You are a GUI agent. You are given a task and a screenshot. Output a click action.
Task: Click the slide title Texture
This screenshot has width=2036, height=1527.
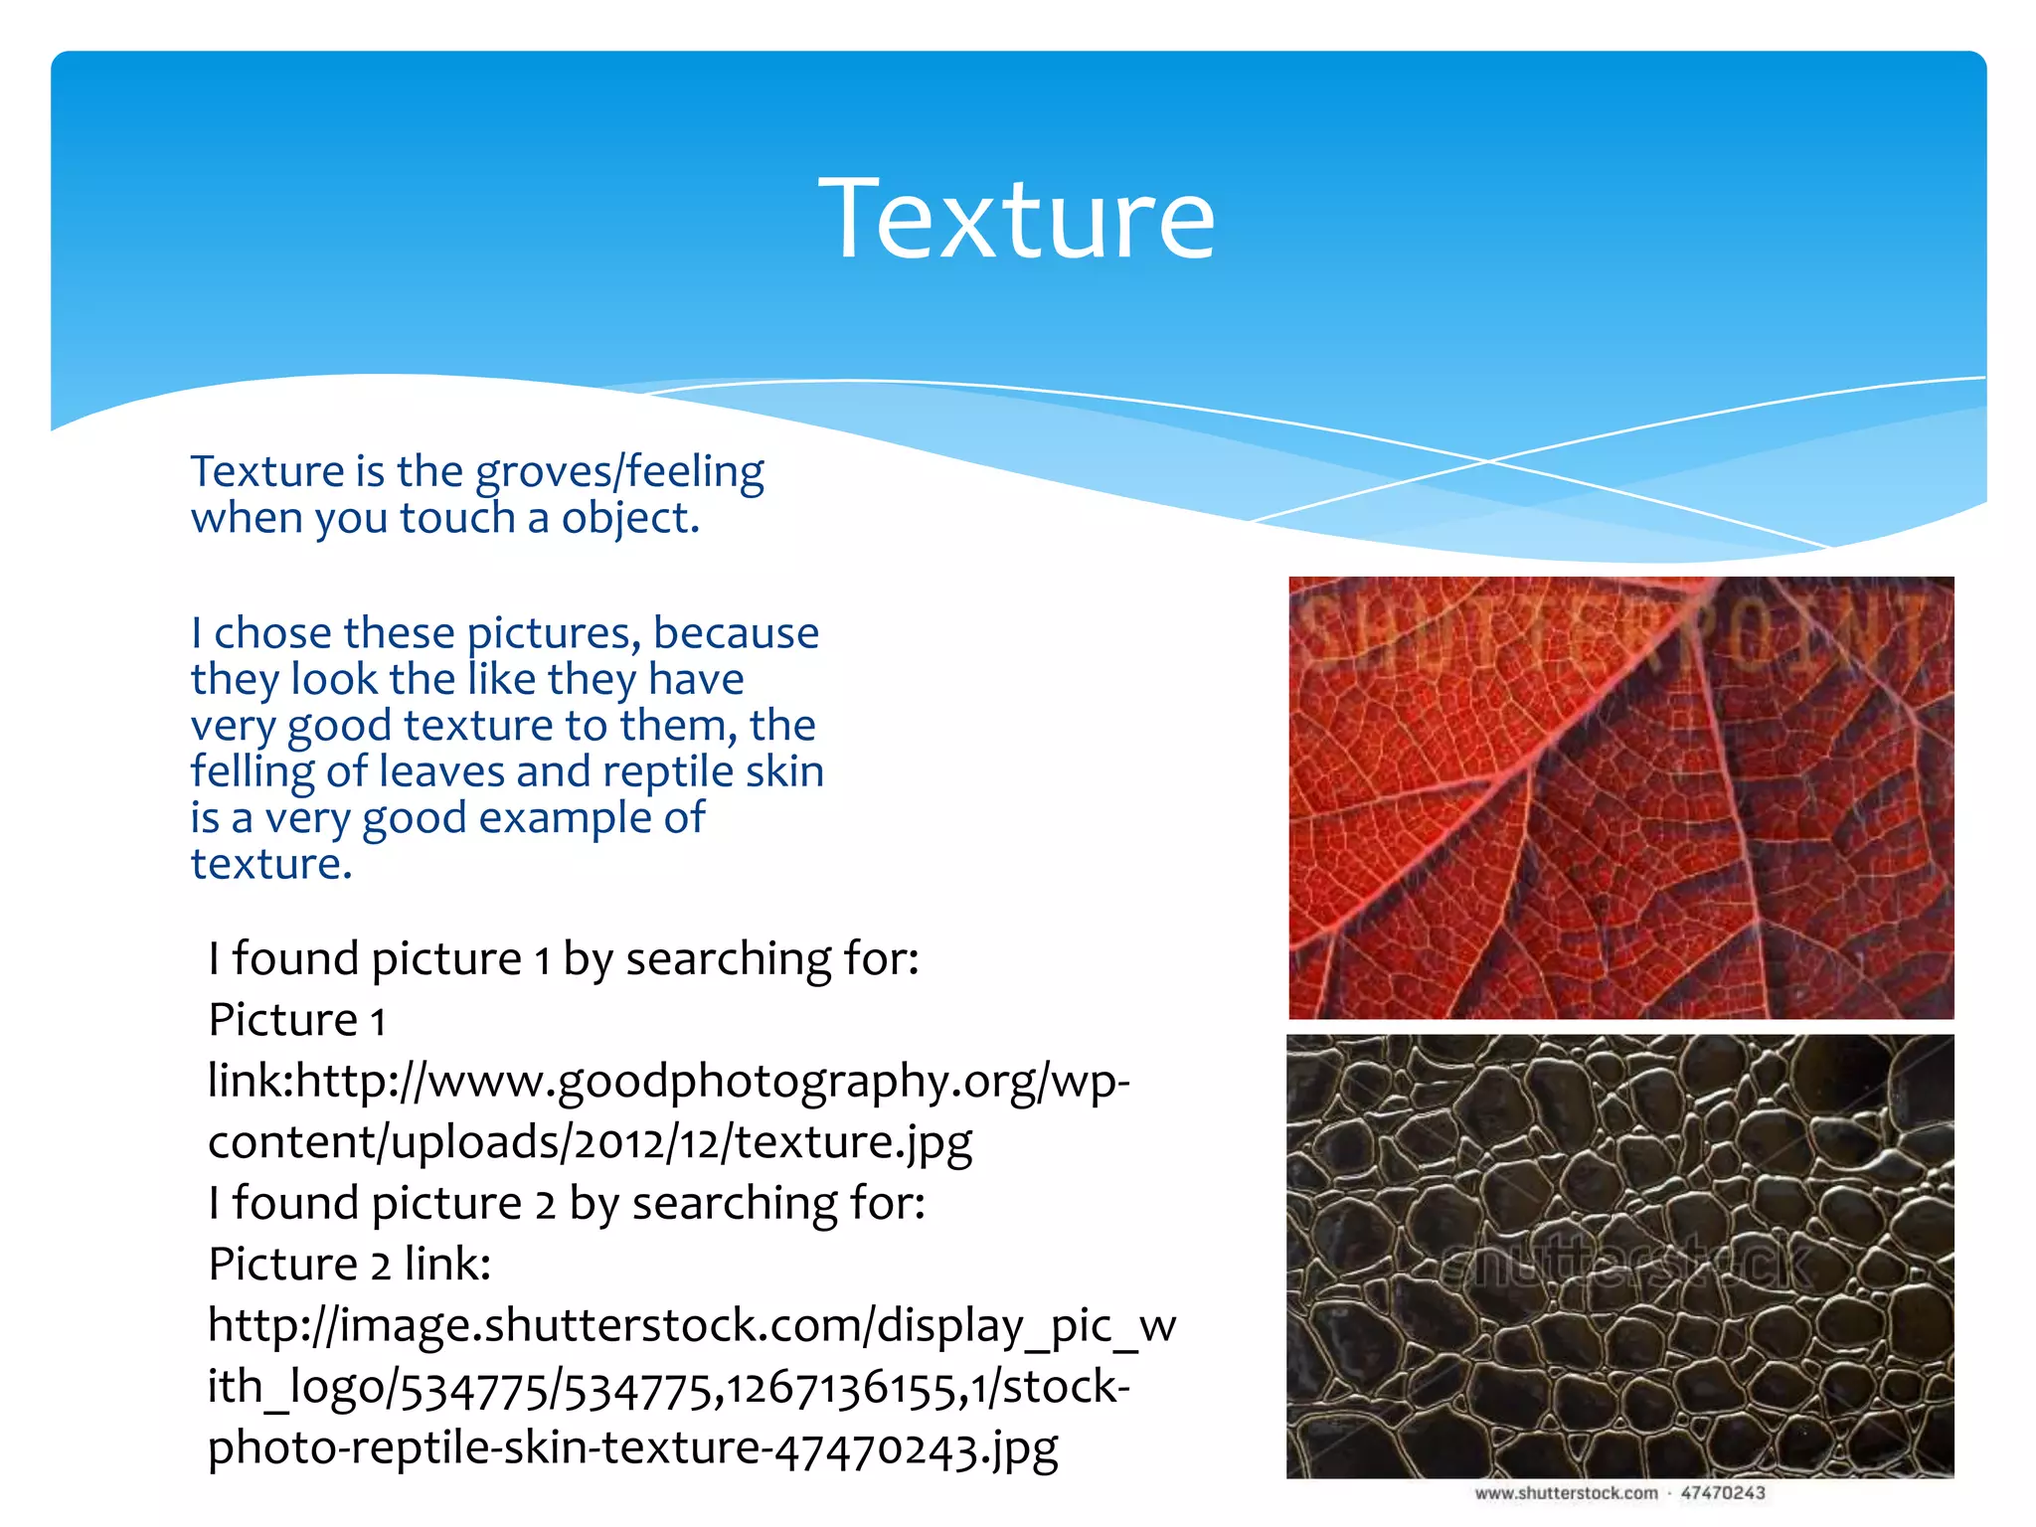[x=1016, y=219]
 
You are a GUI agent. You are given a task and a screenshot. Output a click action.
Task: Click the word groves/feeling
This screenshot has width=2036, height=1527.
[x=619, y=472]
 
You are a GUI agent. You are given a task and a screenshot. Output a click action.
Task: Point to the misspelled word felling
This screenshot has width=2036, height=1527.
[x=253, y=772]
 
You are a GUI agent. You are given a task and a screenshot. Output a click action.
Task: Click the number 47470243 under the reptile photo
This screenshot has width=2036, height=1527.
[x=1723, y=1493]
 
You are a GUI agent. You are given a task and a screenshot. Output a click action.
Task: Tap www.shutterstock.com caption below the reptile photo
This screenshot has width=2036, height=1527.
[x=1567, y=1493]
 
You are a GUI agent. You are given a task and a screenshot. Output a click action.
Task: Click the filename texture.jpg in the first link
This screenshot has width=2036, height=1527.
[x=853, y=1142]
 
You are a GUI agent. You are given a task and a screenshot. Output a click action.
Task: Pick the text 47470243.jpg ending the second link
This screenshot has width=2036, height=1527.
[x=916, y=1448]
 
